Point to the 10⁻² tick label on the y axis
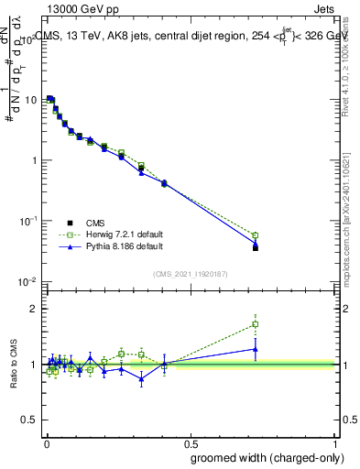tap(28, 281)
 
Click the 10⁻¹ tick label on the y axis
tap(28, 221)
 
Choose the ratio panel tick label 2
tap(35, 309)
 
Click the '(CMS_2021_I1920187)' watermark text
tap(191, 272)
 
